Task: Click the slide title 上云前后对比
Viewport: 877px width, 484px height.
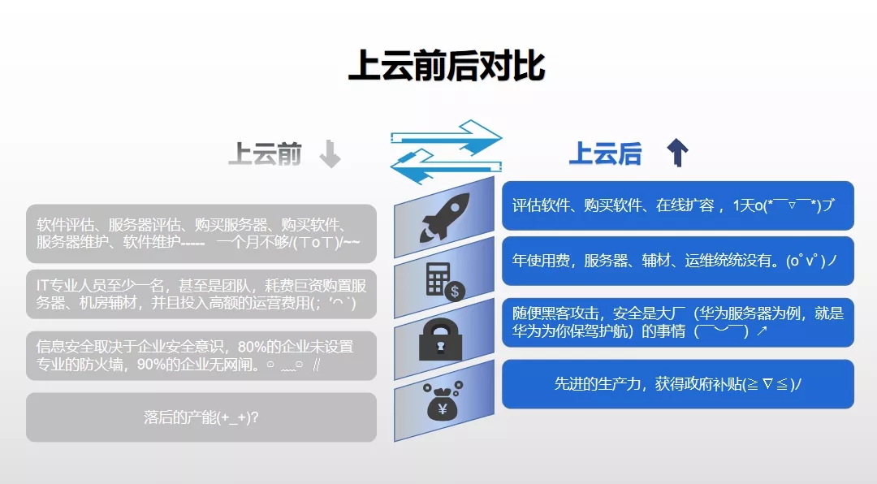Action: point(447,66)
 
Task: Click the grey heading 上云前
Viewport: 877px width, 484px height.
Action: point(265,153)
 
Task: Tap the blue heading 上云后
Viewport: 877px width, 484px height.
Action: point(605,153)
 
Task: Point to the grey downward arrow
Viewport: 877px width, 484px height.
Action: point(330,154)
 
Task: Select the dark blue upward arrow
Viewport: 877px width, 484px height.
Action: point(677,153)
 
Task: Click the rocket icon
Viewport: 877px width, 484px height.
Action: point(445,217)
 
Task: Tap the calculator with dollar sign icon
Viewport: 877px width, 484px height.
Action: point(445,282)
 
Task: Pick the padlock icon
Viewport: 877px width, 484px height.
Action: point(441,339)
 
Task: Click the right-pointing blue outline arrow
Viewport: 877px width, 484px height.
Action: point(447,137)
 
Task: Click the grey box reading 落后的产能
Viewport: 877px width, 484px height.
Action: point(201,417)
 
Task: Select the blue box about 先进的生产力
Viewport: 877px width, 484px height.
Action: point(678,384)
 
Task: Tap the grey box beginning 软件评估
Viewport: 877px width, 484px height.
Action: point(201,233)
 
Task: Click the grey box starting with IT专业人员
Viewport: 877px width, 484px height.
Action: point(201,294)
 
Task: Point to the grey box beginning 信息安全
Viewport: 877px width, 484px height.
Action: point(201,356)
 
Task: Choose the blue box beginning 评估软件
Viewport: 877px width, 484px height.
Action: point(678,205)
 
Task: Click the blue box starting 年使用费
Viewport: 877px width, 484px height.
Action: point(678,261)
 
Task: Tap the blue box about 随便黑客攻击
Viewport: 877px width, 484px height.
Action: point(678,322)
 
